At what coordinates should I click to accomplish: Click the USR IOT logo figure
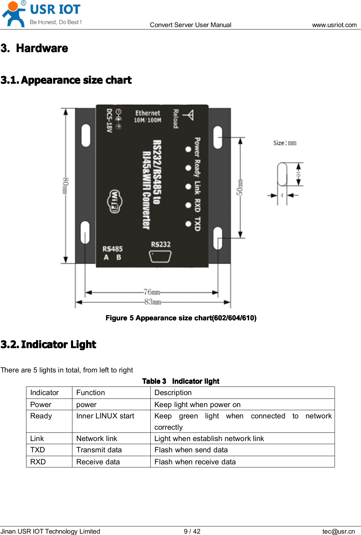(x=14, y=14)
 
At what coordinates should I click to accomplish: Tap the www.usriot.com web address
(x=334, y=25)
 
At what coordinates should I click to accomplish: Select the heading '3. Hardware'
(x=34, y=48)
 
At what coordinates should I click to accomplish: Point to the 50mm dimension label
(x=240, y=187)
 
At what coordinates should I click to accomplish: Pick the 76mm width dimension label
(x=152, y=292)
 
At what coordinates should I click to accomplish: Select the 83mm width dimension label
(x=153, y=302)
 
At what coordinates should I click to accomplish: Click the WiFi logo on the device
(x=114, y=201)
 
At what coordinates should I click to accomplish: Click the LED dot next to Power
(x=188, y=149)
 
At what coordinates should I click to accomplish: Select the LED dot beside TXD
(x=188, y=224)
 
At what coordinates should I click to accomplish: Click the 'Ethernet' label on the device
(x=148, y=113)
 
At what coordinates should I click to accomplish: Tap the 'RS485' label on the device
(x=113, y=249)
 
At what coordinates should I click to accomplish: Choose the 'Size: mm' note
(x=284, y=143)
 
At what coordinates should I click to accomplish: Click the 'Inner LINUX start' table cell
(x=105, y=416)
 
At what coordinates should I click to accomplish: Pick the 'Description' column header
(x=173, y=393)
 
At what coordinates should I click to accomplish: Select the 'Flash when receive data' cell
(x=195, y=462)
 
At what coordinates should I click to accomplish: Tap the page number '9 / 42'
(x=192, y=531)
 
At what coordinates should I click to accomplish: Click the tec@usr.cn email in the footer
(x=338, y=531)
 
